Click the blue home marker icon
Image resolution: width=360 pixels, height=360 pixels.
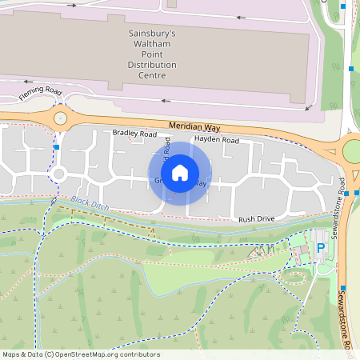[x=180, y=172]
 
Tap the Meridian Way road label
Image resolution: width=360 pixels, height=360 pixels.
[x=194, y=127]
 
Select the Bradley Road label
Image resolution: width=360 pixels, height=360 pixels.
[x=134, y=134]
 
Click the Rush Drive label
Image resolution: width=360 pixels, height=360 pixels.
[x=256, y=218]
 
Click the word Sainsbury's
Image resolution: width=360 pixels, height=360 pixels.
[x=152, y=34]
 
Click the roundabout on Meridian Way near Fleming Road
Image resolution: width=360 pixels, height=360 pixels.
[x=61, y=119]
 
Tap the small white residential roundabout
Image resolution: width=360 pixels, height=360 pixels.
[x=58, y=173]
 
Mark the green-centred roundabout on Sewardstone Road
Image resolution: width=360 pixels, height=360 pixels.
[x=352, y=150]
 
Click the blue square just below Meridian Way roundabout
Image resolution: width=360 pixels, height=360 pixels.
[x=56, y=147]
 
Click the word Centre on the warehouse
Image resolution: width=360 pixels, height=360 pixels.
[x=152, y=76]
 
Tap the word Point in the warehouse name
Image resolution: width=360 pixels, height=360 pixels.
[x=152, y=55]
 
